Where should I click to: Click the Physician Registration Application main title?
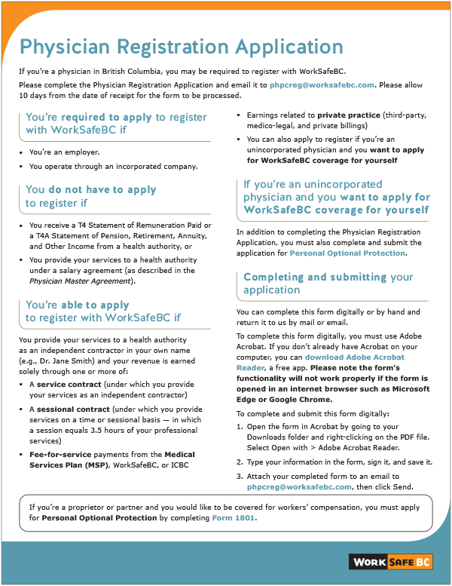(x=182, y=47)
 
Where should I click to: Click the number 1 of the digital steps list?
(x=240, y=426)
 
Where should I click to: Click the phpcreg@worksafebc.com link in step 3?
(x=299, y=486)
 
